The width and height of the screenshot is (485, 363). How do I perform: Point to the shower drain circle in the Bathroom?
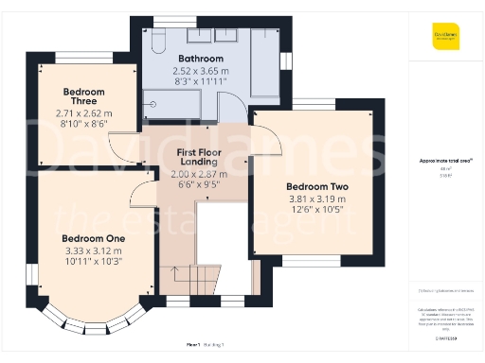tap(153, 105)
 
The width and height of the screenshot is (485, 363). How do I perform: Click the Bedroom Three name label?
tap(83, 97)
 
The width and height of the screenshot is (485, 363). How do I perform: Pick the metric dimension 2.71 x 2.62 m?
tap(83, 112)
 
